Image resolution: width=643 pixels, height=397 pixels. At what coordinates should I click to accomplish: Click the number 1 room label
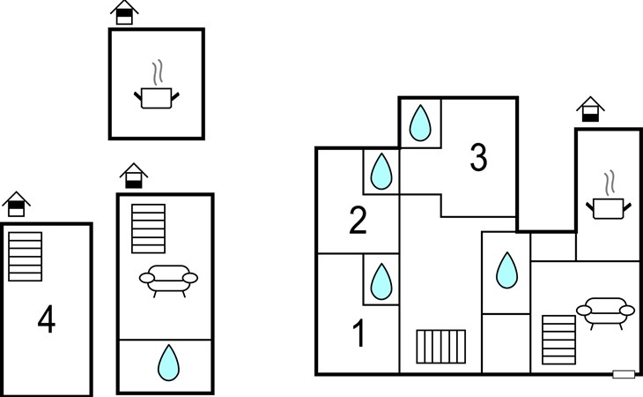[x=359, y=333]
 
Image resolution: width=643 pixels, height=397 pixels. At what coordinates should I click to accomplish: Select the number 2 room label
[x=358, y=221]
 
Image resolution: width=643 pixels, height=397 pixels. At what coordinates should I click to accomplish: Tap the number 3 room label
[x=478, y=157]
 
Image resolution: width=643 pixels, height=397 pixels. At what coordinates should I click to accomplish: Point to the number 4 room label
[x=47, y=318]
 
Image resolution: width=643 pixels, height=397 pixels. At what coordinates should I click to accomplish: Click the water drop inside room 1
[x=381, y=281]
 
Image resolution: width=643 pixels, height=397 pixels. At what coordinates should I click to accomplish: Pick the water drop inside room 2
[x=381, y=172]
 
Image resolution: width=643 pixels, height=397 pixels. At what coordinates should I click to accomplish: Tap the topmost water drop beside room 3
[x=420, y=124]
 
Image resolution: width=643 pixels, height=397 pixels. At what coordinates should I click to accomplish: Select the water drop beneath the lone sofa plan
[x=168, y=363]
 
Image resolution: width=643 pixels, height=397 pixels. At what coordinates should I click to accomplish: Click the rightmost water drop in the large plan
[x=506, y=270]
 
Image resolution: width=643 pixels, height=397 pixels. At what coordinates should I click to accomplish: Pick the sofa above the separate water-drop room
[x=168, y=281]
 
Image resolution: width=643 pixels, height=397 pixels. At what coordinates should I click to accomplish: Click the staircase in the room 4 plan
[x=25, y=257]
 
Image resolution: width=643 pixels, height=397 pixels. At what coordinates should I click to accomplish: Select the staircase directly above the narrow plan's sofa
[x=149, y=228]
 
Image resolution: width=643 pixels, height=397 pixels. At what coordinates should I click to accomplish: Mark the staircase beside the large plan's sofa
[x=558, y=340]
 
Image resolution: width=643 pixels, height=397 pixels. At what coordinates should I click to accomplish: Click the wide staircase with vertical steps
[x=440, y=347]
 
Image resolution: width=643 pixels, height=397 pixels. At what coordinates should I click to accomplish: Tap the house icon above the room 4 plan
[x=17, y=204]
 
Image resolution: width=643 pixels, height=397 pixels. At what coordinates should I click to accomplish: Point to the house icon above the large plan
[x=590, y=109]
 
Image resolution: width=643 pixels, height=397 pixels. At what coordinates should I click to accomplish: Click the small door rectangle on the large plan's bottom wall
[x=624, y=374]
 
